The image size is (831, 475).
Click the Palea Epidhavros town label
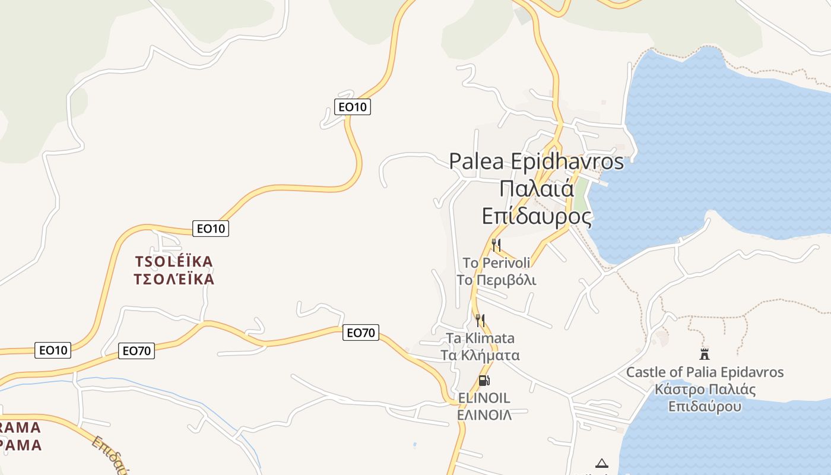click(x=536, y=161)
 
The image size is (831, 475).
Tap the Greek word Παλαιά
click(x=536, y=189)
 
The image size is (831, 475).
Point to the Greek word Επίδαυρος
click(x=536, y=216)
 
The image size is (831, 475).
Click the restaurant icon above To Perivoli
click(x=496, y=245)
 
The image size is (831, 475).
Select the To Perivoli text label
click(x=496, y=262)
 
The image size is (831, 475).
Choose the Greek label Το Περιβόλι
click(x=496, y=280)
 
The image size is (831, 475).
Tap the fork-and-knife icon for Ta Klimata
click(x=480, y=321)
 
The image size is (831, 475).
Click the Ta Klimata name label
click(x=480, y=338)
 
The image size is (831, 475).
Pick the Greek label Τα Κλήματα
click(x=480, y=356)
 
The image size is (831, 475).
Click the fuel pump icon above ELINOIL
click(x=484, y=381)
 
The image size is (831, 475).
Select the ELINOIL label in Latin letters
click(x=484, y=398)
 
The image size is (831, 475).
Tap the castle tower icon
click(x=705, y=354)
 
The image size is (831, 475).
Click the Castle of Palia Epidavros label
click(x=705, y=372)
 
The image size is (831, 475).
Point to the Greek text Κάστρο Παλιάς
click(x=705, y=389)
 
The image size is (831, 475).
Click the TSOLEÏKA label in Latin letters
click(x=174, y=261)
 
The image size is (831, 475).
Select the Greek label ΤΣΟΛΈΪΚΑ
click(x=174, y=279)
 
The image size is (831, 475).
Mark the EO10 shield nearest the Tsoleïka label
click(x=211, y=228)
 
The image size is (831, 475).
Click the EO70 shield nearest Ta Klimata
click(x=360, y=332)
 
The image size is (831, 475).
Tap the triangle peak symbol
click(x=602, y=463)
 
